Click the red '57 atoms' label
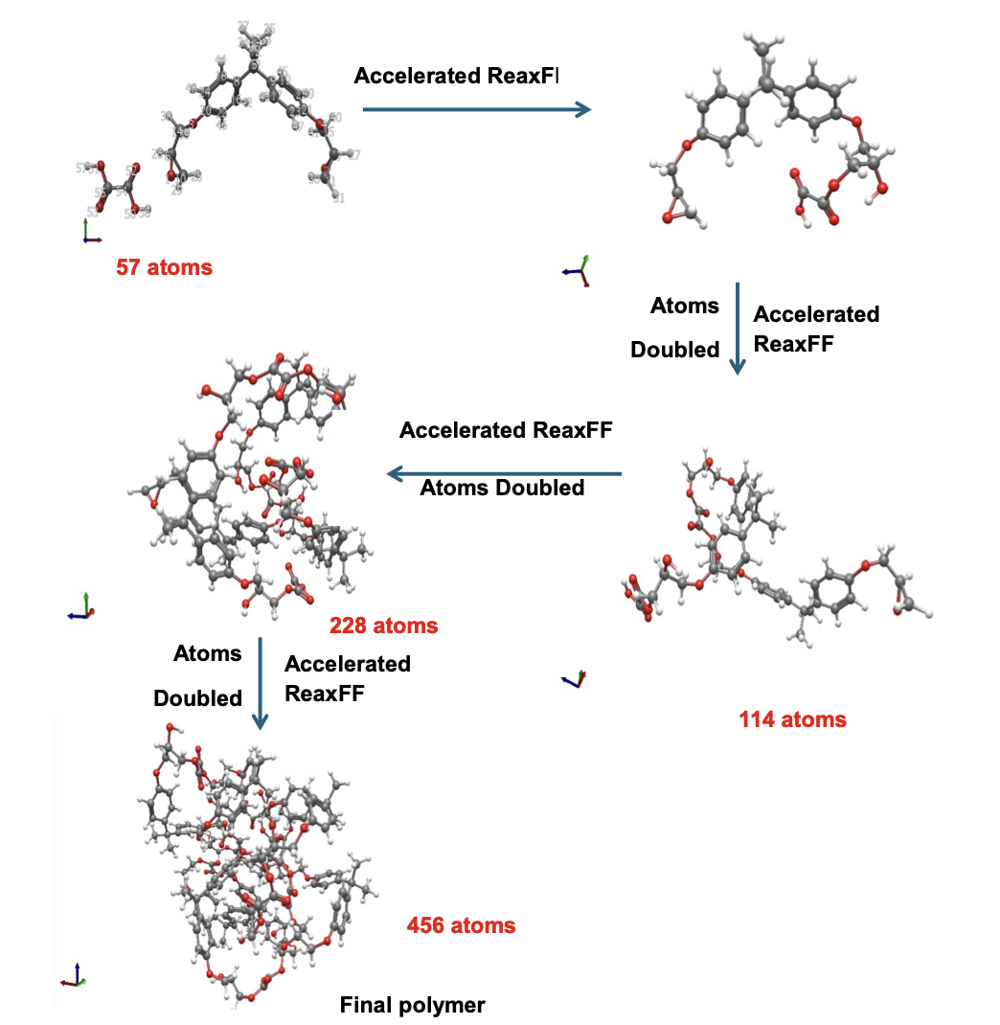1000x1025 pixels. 164,267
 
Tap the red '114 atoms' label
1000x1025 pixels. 792,718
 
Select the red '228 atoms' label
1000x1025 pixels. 383,626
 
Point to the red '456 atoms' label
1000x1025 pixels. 461,925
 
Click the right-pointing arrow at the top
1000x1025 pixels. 476,110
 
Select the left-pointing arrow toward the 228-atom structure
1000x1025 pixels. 504,473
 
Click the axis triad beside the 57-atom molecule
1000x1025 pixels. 88,232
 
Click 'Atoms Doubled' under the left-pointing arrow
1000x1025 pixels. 502,488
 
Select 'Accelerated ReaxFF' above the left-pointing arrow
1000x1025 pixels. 505,430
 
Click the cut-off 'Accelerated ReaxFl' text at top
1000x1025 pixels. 456,76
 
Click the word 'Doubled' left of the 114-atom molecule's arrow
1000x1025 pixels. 674,350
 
